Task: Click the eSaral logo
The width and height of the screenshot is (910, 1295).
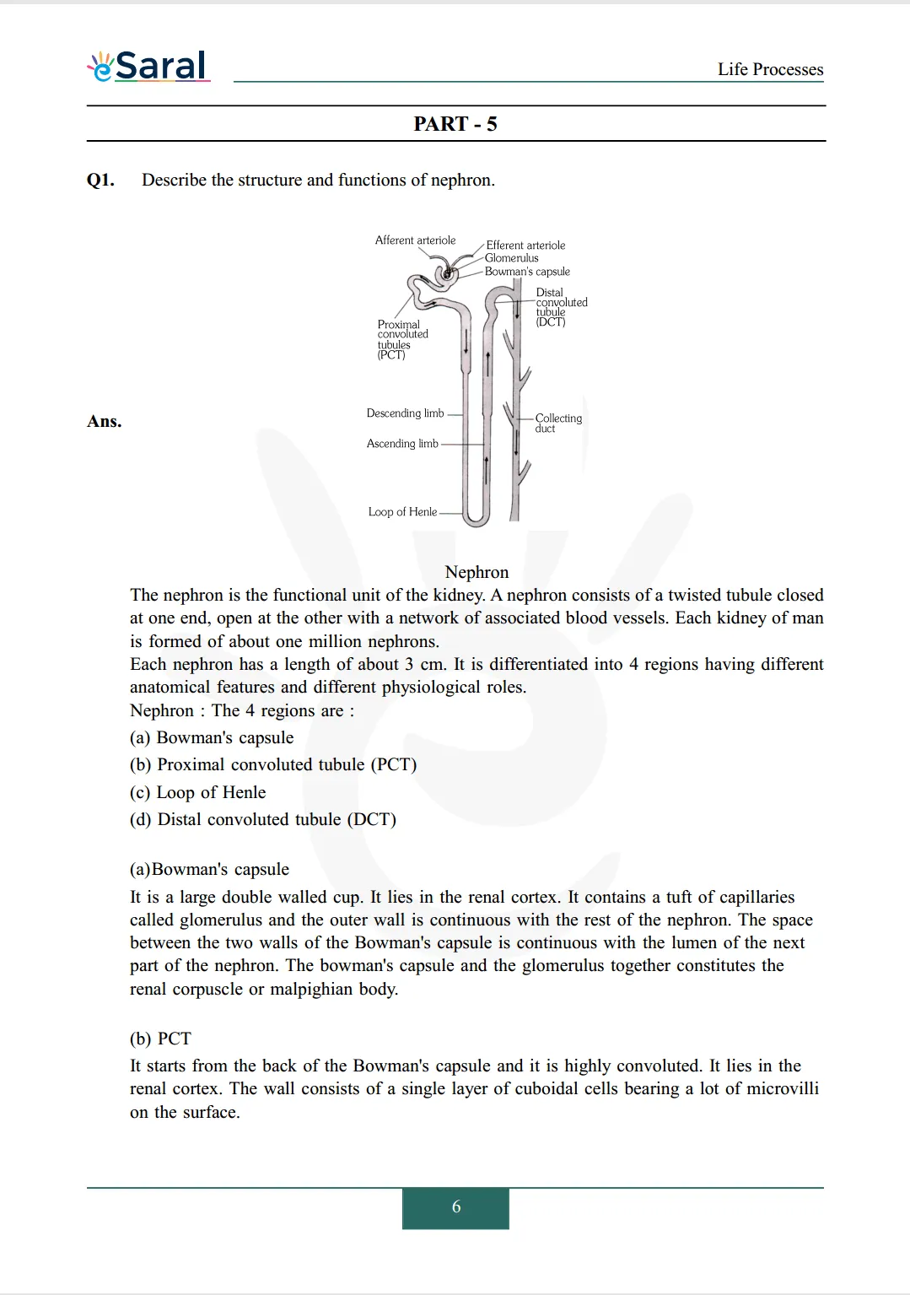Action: (149, 66)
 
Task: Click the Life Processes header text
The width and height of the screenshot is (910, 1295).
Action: (770, 69)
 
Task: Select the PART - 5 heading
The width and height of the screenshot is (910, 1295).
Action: (455, 124)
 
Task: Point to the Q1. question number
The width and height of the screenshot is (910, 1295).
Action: (100, 180)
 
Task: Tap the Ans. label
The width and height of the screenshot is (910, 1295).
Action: (104, 421)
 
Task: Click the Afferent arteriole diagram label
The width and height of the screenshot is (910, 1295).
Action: (415, 240)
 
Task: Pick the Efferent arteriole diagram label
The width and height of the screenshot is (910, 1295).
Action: (525, 246)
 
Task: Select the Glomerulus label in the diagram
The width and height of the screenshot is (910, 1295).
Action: (511, 258)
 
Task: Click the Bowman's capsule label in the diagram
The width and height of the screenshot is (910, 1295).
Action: (527, 272)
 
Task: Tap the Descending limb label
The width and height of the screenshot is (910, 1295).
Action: (405, 413)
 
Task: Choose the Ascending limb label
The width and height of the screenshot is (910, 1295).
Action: (402, 444)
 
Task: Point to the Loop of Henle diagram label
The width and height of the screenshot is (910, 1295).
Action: (402, 512)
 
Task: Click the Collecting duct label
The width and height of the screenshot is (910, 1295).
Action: (557, 423)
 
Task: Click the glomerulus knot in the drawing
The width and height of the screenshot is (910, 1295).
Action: (447, 273)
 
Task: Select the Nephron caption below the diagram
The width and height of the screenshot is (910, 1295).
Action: (477, 572)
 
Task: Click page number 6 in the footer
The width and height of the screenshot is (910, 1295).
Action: (455, 1207)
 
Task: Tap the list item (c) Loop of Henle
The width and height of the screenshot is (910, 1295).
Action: (197, 792)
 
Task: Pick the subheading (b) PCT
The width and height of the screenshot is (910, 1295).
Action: (160, 1039)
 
